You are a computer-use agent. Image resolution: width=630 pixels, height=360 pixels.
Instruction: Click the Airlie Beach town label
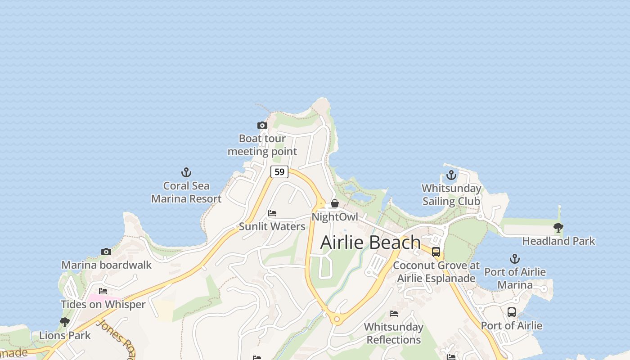[370, 243]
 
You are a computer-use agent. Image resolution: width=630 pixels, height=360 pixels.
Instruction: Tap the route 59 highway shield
[279, 171]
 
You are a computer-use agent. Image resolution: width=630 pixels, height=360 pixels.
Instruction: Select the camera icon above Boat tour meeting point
[262, 125]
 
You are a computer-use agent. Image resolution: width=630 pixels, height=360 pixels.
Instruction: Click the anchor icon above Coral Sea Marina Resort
[186, 172]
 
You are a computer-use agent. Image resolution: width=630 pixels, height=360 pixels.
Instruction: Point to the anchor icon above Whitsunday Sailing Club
[451, 175]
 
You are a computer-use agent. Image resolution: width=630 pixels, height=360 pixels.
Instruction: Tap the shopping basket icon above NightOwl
[335, 203]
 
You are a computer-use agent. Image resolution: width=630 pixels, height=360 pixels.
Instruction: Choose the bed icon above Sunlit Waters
[272, 213]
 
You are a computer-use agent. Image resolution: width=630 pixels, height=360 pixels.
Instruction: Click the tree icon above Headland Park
[558, 228]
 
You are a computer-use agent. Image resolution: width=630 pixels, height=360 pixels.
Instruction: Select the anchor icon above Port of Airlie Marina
[514, 259]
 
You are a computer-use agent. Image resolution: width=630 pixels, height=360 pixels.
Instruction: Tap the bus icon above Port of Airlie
[512, 312]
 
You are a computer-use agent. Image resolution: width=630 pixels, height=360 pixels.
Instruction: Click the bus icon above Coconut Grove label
[436, 252]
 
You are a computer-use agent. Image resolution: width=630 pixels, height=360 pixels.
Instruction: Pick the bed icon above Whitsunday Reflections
[394, 314]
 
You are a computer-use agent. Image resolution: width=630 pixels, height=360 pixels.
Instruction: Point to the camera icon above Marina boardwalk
[106, 252]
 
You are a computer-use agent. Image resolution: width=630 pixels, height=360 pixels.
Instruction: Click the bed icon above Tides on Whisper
[103, 291]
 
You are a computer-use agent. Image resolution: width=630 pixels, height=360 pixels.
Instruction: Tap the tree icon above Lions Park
[65, 322]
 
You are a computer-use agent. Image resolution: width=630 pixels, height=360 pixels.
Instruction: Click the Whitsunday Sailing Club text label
[451, 195]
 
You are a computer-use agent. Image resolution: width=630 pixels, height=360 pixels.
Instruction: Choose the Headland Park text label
[558, 241]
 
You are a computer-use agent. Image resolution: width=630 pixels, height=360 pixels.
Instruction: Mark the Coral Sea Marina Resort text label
[186, 192]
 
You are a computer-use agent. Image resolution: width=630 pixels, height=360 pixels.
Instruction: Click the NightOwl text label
[335, 217]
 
